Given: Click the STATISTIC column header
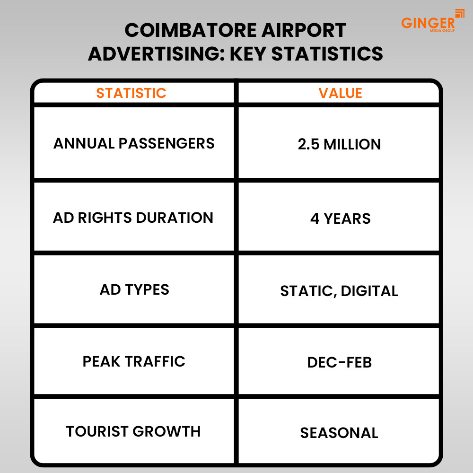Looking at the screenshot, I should pyautogui.click(x=131, y=93).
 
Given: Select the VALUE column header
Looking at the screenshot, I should pyautogui.click(x=340, y=93).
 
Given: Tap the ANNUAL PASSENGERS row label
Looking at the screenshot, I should pyautogui.click(x=134, y=143).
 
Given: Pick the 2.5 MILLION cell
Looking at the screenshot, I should pyautogui.click(x=339, y=144).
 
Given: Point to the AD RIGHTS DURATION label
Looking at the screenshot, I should pyautogui.click(x=133, y=218).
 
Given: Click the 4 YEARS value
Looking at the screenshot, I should pyautogui.click(x=340, y=219).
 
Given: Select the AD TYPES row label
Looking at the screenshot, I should pyautogui.click(x=134, y=289).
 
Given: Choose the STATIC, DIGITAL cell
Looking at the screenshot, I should pyautogui.click(x=339, y=291).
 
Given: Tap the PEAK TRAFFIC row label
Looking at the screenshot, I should pyautogui.click(x=134, y=362).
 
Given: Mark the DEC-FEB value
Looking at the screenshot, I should pyautogui.click(x=339, y=363).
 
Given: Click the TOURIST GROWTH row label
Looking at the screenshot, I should pyautogui.click(x=133, y=431).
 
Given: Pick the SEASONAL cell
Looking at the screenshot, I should pyautogui.click(x=339, y=433).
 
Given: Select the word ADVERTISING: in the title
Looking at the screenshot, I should pyautogui.click(x=156, y=54).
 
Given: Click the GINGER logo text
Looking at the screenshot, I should pyautogui.click(x=428, y=23).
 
